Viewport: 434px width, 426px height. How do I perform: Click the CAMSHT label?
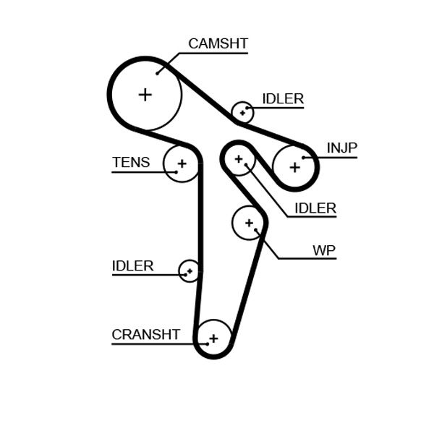[218, 43]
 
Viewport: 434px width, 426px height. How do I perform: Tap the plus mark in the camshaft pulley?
[145, 94]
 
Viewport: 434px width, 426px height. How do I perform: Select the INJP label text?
[341, 148]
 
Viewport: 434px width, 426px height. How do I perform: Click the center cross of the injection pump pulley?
[294, 167]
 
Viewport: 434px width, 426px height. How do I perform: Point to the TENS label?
[131, 162]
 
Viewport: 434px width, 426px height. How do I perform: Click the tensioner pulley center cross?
[182, 163]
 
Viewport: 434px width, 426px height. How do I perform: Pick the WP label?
[324, 250]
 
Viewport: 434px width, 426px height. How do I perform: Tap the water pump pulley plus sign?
[250, 223]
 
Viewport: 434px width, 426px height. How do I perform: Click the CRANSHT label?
[145, 334]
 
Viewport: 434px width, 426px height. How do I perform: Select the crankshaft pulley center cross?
[213, 338]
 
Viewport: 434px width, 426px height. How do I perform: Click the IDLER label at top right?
[282, 99]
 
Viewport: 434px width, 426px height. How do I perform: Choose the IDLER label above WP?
[315, 208]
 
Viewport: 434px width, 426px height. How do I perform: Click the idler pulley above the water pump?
[238, 158]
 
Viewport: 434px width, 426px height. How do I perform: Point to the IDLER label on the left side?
[132, 265]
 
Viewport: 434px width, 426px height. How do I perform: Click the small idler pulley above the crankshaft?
[190, 271]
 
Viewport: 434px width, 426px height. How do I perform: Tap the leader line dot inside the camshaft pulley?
[158, 73]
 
